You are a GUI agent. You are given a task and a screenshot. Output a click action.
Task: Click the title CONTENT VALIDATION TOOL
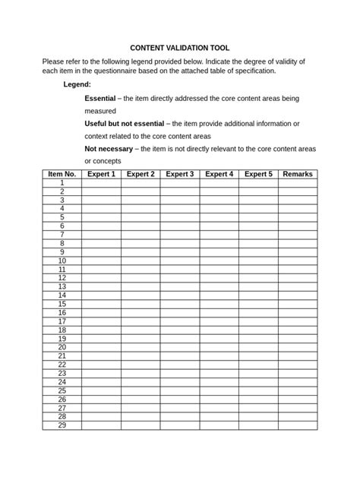pyautogui.click(x=179, y=47)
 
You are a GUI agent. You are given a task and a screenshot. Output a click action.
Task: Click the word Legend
pyautogui.click(x=77, y=84)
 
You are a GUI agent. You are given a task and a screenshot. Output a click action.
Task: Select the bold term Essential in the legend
pyautogui.click(x=100, y=99)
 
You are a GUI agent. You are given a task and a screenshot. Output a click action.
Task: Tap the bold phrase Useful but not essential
pyautogui.click(x=123, y=124)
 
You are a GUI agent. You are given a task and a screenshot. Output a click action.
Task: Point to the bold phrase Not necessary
pyautogui.click(x=109, y=149)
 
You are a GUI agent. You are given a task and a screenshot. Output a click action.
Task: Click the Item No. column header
pyautogui.click(x=62, y=174)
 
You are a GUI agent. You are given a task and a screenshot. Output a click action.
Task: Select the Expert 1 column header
pyautogui.click(x=101, y=174)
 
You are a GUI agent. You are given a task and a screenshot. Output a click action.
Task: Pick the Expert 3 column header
pyautogui.click(x=180, y=174)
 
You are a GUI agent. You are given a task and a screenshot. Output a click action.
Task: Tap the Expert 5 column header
pyautogui.click(x=258, y=174)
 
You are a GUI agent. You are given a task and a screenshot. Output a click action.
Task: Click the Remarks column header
pyautogui.click(x=297, y=174)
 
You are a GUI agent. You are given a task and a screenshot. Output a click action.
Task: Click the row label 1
pyautogui.click(x=62, y=183)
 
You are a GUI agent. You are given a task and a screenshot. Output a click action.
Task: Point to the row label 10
pyautogui.click(x=62, y=261)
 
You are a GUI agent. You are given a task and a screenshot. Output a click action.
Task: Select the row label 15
pyautogui.click(x=62, y=304)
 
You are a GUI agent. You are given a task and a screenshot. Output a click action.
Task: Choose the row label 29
pyautogui.click(x=62, y=425)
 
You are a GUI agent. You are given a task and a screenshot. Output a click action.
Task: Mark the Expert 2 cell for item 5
pyautogui.click(x=141, y=217)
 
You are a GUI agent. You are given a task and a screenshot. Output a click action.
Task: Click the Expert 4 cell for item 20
pyautogui.click(x=219, y=347)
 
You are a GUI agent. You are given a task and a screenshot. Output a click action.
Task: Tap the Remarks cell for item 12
pyautogui.click(x=297, y=278)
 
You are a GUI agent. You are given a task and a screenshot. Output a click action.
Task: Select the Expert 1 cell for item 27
pyautogui.click(x=101, y=408)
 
